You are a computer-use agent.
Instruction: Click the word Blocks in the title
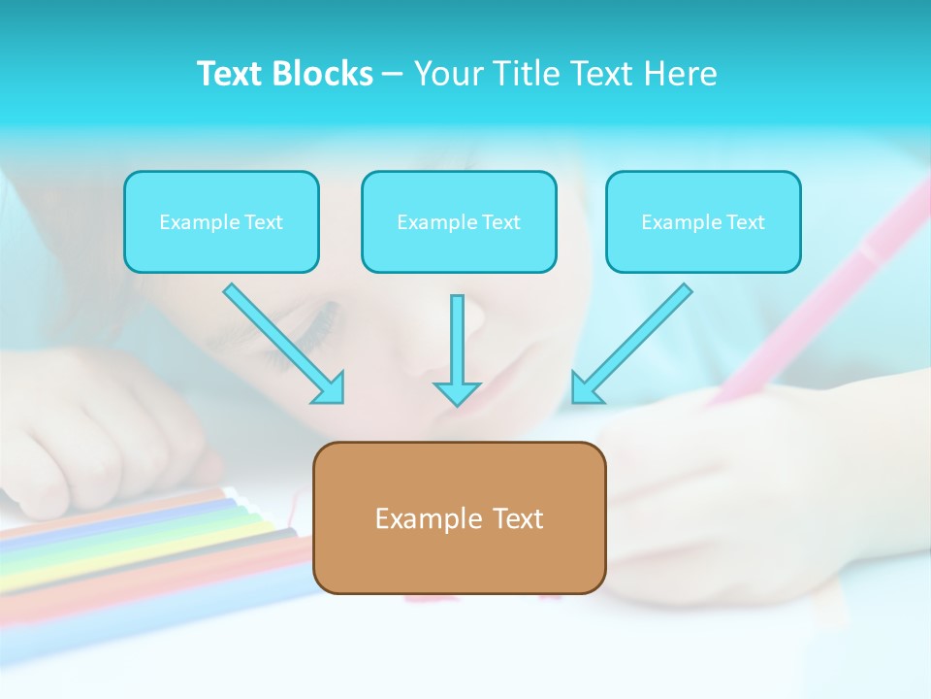[x=323, y=74]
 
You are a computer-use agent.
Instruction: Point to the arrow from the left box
[x=281, y=341]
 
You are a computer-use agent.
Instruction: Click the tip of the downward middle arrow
[x=457, y=401]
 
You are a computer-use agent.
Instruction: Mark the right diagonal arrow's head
[x=583, y=390]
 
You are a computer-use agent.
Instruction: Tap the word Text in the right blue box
[x=745, y=222]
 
